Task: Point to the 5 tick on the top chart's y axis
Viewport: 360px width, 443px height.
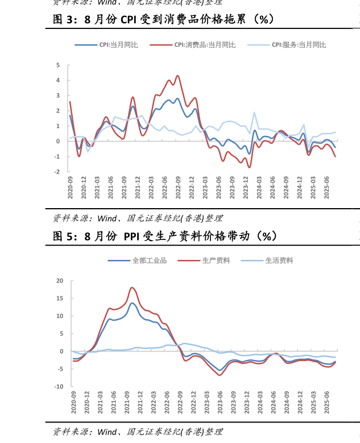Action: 58,65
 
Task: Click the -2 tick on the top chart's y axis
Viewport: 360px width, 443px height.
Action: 57,172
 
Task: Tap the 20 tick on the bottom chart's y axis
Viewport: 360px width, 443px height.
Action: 60,280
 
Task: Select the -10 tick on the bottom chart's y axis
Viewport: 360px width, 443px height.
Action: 59,387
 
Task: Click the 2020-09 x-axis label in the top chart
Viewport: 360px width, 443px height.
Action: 71,187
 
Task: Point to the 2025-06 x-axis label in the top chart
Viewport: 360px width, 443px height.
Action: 327,187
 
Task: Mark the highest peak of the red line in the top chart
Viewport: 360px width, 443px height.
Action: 177,75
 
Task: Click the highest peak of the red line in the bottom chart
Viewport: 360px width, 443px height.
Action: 132,287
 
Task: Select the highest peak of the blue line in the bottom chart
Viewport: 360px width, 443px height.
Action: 132,303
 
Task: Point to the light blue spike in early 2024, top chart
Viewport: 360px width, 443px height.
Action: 254,112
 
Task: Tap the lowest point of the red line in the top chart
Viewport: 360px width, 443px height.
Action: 249,167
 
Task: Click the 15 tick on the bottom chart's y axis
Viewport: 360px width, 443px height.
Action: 60,298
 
